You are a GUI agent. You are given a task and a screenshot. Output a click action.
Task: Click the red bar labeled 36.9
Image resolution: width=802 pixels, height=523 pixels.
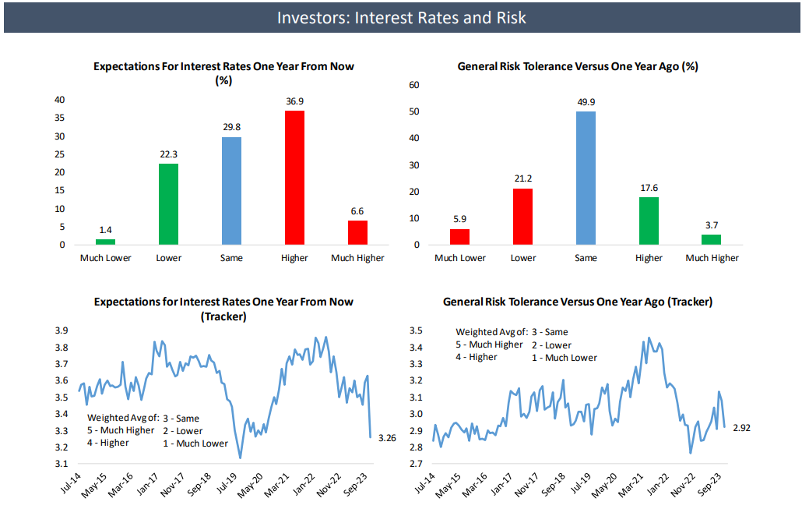pyautogui.click(x=294, y=178)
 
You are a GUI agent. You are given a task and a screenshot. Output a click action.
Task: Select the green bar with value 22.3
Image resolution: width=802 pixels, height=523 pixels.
pyautogui.click(x=168, y=204)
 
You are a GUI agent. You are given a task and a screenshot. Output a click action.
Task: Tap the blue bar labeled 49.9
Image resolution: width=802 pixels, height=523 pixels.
pyautogui.click(x=586, y=178)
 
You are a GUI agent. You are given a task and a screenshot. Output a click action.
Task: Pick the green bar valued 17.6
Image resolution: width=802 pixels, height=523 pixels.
pyautogui.click(x=649, y=221)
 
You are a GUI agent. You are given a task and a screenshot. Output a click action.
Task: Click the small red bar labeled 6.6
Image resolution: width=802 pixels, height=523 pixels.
pyautogui.click(x=357, y=232)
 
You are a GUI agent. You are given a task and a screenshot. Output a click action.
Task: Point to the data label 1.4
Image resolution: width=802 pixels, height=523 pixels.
pyautogui.click(x=105, y=231)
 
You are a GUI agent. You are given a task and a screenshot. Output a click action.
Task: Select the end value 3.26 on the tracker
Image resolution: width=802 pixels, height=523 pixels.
pyautogui.click(x=387, y=438)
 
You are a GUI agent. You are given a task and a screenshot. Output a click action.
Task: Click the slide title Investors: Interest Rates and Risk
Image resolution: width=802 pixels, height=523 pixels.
pyautogui.click(x=401, y=17)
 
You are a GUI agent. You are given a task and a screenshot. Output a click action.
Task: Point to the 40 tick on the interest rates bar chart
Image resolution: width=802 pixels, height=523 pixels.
pyautogui.click(x=59, y=100)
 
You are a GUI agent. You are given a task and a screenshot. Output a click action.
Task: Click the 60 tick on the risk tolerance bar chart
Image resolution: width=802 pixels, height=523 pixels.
pyautogui.click(x=414, y=85)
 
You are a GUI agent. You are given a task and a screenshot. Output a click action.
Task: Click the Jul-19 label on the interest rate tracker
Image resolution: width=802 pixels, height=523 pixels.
pyautogui.click(x=226, y=485)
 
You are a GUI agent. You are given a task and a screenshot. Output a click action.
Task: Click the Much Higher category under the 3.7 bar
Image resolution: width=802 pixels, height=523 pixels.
pyautogui.click(x=712, y=258)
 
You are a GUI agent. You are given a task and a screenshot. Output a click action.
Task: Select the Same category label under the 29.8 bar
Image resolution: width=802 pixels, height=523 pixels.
pyautogui.click(x=231, y=258)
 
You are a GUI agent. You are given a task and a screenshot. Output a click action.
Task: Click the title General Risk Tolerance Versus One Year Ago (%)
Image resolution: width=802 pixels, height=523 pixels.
pyautogui.click(x=577, y=67)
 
